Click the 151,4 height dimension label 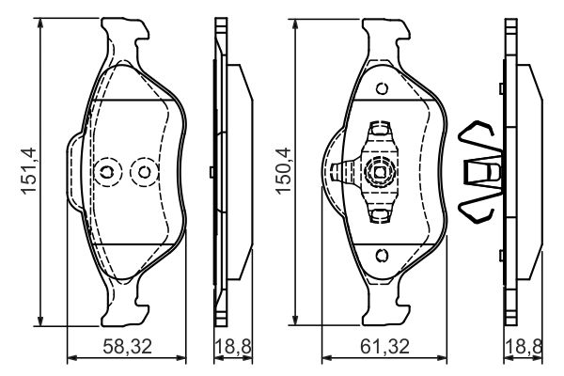coord(30,170)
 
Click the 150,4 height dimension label coord(284,170)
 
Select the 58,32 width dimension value coord(127,346)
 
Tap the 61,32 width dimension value coord(385,346)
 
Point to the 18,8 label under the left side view coord(233,346)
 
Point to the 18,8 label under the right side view coord(525,346)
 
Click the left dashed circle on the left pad coord(108,172)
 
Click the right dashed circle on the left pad coord(144,172)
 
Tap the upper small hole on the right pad coord(382,88)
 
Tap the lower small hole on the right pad coord(382,255)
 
